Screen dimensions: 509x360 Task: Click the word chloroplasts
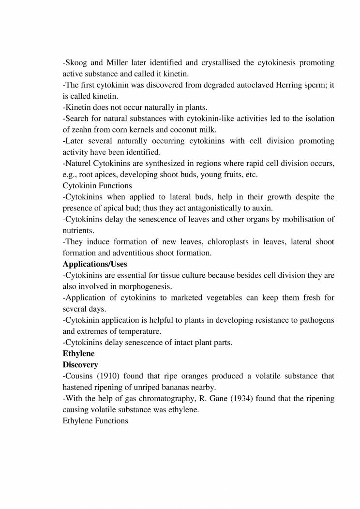pyautogui.click(x=212, y=241)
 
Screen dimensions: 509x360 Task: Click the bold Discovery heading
pyautogui.click(x=80, y=364)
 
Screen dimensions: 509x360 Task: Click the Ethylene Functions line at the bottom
pyautogui.click(x=95, y=421)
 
